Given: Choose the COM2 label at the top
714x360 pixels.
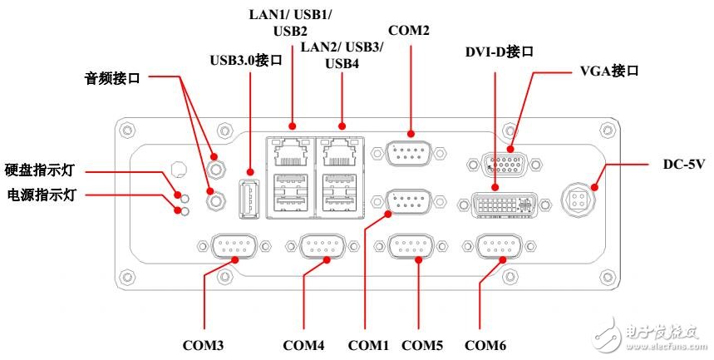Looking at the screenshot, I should [x=409, y=31].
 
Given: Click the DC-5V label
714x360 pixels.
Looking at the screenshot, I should [x=662, y=165].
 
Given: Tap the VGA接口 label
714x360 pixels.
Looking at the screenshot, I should [x=608, y=72].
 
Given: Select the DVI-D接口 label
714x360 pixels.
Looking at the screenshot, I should [x=499, y=52].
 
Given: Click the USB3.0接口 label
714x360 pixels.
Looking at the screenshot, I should [x=247, y=60].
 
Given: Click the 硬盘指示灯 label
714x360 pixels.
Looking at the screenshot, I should [x=40, y=170].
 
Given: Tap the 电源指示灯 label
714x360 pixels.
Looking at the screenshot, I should [x=40, y=195].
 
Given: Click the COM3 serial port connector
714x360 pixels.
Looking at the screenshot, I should [x=235, y=247].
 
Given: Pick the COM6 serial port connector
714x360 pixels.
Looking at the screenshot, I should [x=500, y=247].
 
